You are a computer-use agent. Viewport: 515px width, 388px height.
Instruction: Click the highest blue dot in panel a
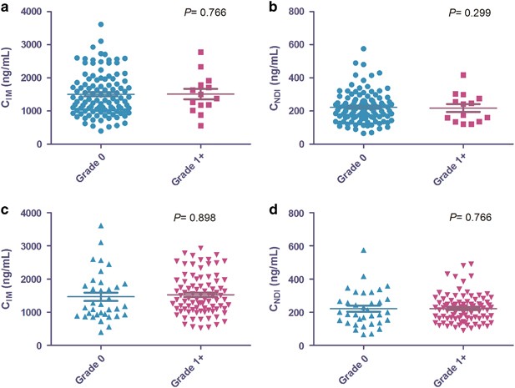point(100,25)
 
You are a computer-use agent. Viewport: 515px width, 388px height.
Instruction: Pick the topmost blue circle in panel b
point(363,49)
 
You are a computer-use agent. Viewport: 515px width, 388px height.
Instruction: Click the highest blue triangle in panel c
point(100,226)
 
